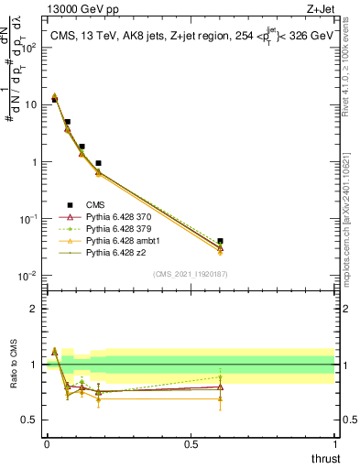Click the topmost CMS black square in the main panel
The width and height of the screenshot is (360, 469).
54,99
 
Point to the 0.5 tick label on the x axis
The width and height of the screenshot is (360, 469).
191,442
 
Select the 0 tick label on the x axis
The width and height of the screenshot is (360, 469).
47,442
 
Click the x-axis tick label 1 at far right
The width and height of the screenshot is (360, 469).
334,442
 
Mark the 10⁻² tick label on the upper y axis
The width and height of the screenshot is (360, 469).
30,276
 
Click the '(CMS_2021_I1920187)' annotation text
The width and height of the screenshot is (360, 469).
191,273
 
